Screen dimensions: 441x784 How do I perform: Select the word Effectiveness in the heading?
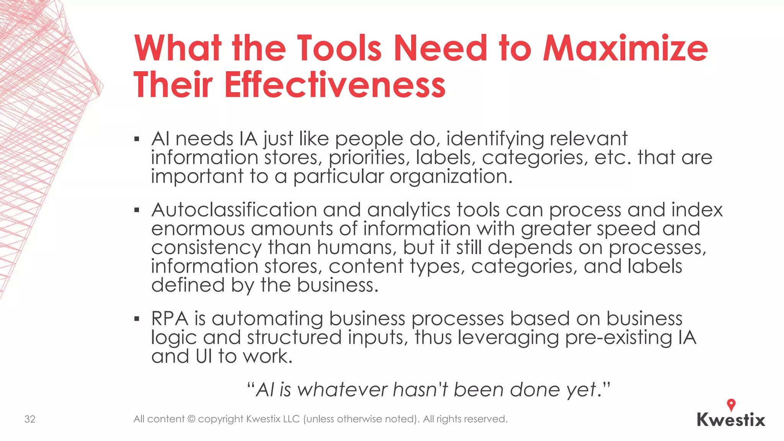coord(335,85)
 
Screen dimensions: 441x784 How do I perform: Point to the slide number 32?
coord(30,419)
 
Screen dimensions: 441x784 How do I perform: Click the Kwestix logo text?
coord(731,420)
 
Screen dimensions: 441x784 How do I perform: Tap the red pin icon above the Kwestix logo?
coord(731,405)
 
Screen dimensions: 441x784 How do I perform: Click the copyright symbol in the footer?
coord(191,419)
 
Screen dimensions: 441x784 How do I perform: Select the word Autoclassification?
coord(234,210)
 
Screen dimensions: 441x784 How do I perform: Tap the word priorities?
coord(369,158)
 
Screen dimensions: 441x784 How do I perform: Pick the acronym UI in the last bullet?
coord(204,356)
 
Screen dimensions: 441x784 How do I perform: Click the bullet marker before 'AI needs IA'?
coord(137,139)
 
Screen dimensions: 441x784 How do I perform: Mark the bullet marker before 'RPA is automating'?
coord(137,319)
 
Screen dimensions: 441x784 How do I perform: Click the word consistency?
coord(206,247)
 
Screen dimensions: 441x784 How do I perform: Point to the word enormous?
coord(198,229)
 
